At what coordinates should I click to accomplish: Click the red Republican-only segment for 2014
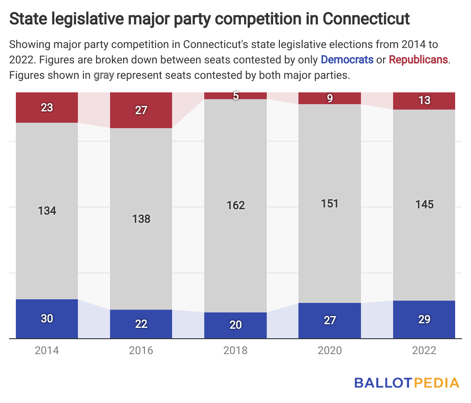click(x=47, y=107)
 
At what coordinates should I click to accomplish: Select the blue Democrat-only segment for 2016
click(x=141, y=324)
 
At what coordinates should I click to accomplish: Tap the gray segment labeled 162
click(x=235, y=205)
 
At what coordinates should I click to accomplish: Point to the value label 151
click(x=330, y=203)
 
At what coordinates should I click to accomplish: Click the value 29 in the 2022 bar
click(x=424, y=319)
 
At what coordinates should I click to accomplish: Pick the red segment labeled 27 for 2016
click(x=141, y=110)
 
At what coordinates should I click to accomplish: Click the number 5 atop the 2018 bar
click(x=235, y=96)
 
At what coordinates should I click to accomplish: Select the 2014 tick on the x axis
click(x=47, y=350)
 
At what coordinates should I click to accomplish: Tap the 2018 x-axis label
click(x=235, y=350)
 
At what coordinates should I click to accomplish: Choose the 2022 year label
click(x=424, y=350)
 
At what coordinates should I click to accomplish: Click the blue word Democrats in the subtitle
click(x=347, y=59)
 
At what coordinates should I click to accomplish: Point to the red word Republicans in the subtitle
click(x=418, y=59)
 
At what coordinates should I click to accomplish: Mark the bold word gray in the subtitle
click(x=104, y=75)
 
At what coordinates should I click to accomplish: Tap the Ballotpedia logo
click(x=406, y=383)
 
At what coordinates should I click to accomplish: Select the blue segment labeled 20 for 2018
click(x=235, y=325)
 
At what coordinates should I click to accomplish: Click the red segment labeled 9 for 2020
click(x=330, y=98)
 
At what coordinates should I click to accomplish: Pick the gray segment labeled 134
click(x=47, y=211)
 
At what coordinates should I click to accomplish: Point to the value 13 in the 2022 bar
click(x=424, y=101)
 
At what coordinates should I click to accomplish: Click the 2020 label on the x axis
click(x=330, y=350)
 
